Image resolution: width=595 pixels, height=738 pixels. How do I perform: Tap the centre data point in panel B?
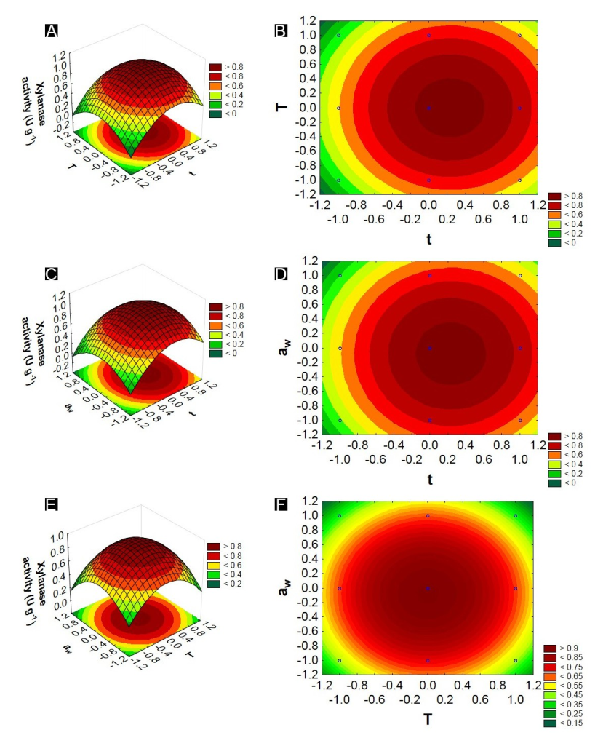[429, 108]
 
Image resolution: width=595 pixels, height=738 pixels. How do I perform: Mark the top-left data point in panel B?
[339, 35]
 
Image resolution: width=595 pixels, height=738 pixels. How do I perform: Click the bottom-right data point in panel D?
[519, 421]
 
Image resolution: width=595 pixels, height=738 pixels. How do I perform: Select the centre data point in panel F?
[428, 588]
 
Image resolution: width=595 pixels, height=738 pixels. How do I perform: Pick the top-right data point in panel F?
[516, 516]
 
